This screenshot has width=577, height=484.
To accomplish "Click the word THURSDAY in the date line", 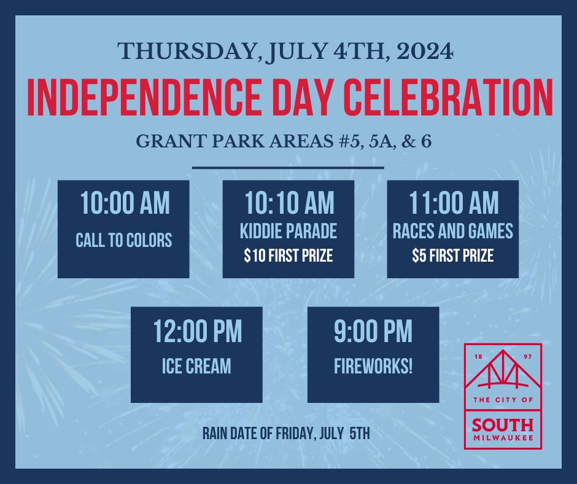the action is (187, 52).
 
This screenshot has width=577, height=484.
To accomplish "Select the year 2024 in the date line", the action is (425, 52).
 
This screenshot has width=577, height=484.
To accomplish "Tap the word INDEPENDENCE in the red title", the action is (144, 97).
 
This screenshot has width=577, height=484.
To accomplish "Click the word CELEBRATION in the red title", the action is (448, 97).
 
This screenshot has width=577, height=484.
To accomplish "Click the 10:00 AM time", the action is (125, 203).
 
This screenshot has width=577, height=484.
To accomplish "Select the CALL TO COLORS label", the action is (123, 241).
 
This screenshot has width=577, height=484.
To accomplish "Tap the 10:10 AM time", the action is (289, 203).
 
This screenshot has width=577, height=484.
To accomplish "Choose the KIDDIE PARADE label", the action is (288, 232).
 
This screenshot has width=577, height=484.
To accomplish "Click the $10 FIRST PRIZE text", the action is (288, 256).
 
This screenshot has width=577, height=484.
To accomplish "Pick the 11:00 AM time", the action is (454, 203).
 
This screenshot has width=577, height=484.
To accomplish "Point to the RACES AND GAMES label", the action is (452, 232).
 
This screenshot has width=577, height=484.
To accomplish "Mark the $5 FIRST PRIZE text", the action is (452, 256).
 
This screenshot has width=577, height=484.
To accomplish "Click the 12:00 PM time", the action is (198, 332).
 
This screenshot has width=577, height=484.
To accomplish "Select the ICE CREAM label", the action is (196, 366).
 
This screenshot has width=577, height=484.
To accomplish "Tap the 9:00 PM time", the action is (373, 332).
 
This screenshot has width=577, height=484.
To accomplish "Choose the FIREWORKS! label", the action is (373, 366).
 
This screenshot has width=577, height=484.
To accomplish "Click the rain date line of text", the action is (286, 434).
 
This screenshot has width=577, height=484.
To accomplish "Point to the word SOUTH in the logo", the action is (503, 426).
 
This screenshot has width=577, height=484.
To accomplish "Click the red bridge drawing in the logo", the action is (503, 369).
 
